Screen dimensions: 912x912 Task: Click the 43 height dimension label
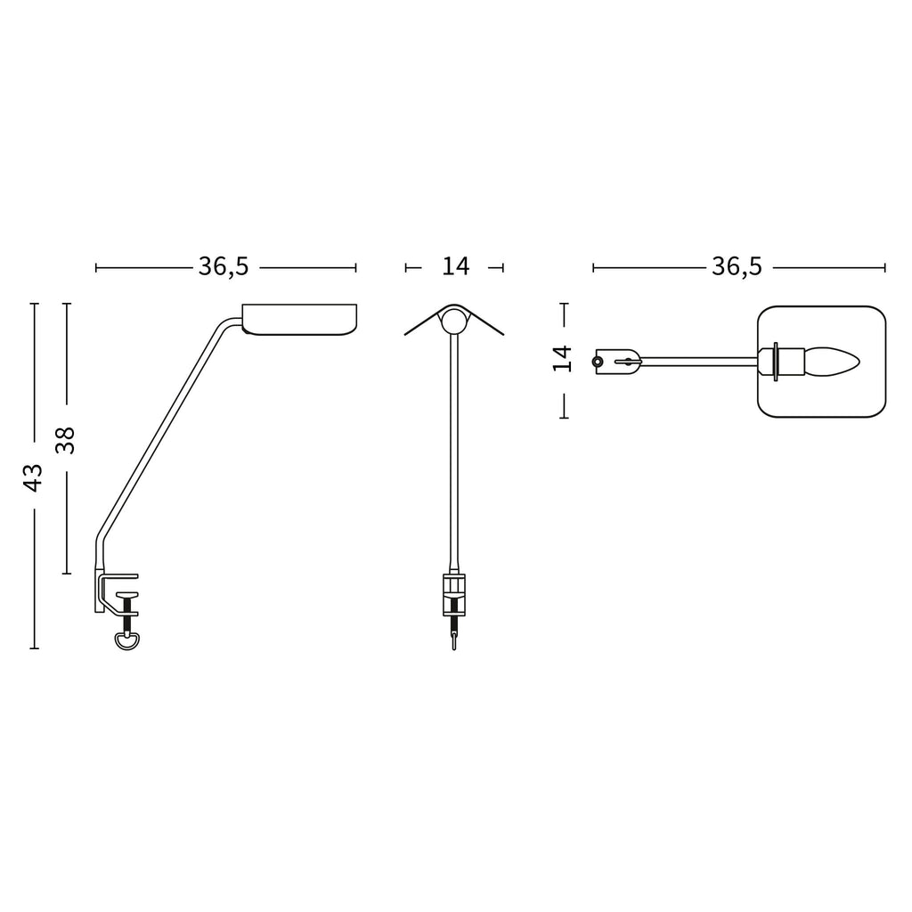[x=33, y=477]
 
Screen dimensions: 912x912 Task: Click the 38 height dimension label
[x=65, y=440]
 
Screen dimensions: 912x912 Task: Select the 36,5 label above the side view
[x=224, y=266]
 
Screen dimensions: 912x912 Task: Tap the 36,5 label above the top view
[x=737, y=266]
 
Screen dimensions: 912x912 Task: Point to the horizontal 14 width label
[x=455, y=266]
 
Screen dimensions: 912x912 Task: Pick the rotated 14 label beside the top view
[x=563, y=358]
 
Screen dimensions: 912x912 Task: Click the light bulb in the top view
[x=833, y=362]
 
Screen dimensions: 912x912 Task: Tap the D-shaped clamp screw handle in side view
[x=127, y=641]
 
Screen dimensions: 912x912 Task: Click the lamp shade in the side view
[x=299, y=319]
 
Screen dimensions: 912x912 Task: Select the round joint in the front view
[x=453, y=321]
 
